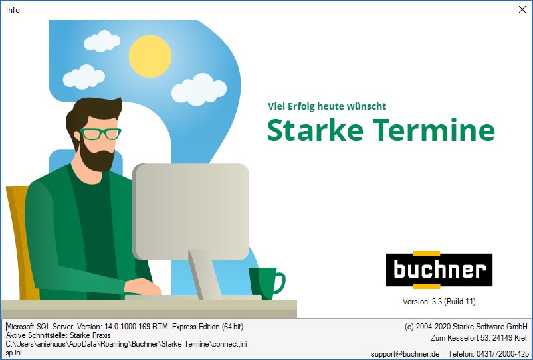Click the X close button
point(522,9)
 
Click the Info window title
point(13,10)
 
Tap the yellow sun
point(150,56)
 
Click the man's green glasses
point(100,134)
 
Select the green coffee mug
point(266,282)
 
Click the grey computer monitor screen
point(191,211)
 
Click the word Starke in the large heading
point(315,130)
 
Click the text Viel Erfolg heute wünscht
point(327,106)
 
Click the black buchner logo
point(439,270)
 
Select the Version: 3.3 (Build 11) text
point(439,302)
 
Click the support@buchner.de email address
point(405,354)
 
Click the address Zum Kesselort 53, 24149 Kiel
point(479,338)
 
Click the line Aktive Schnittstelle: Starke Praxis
point(58,335)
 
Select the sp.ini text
point(13,353)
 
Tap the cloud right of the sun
point(199,89)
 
